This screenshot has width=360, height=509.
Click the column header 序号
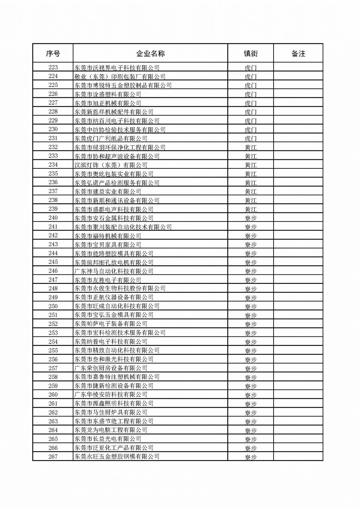coord(53,53)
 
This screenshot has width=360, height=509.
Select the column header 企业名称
coord(150,53)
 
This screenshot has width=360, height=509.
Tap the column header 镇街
coord(251,53)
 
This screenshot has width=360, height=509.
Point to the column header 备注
coord(298,53)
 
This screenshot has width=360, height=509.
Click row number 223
coord(53,67)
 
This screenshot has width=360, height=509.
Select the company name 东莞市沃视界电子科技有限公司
coord(117,68)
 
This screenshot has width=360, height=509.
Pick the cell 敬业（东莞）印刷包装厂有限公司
coord(120,77)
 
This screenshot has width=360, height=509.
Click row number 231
coord(53,138)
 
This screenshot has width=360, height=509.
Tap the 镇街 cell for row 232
coord(251,147)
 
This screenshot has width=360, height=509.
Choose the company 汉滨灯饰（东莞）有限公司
coord(111,165)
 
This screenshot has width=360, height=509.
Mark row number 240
coord(53,218)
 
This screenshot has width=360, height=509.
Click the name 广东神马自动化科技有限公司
coord(114,271)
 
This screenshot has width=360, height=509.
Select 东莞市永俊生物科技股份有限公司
coord(120,288)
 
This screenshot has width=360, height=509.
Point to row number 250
coord(53,306)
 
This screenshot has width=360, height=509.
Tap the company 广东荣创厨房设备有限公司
coord(111,368)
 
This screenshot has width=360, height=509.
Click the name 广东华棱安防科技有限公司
coord(111,394)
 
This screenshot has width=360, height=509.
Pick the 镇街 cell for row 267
coord(251,457)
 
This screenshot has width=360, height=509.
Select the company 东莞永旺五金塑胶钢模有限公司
coord(117,456)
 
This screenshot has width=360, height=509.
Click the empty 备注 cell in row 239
coord(298,209)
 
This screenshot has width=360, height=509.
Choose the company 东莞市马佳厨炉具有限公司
coord(111,412)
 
